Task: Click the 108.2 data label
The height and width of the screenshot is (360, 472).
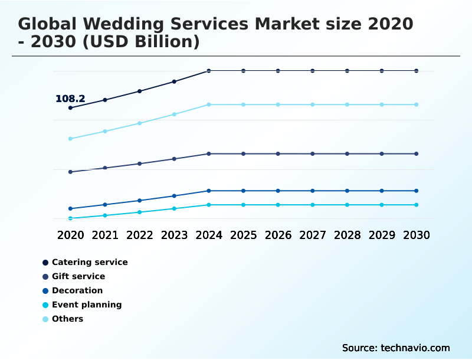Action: tap(70, 99)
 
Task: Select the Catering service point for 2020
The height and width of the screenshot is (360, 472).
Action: tap(70, 108)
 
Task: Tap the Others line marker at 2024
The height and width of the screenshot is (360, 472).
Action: tap(209, 104)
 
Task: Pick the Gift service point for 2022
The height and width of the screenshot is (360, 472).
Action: tap(140, 163)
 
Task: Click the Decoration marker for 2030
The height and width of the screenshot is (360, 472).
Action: tap(416, 191)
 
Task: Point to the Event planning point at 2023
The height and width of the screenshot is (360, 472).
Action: tap(174, 208)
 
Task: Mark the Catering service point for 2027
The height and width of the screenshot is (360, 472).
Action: tap(313, 71)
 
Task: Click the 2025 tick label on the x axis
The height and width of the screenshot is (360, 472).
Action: tap(243, 235)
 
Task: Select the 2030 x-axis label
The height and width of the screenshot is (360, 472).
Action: tap(416, 235)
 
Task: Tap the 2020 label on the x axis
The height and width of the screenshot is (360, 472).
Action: tap(70, 235)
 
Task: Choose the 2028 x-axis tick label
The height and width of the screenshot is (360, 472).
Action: tap(347, 235)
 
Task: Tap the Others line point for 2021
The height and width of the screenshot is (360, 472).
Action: tap(105, 131)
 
